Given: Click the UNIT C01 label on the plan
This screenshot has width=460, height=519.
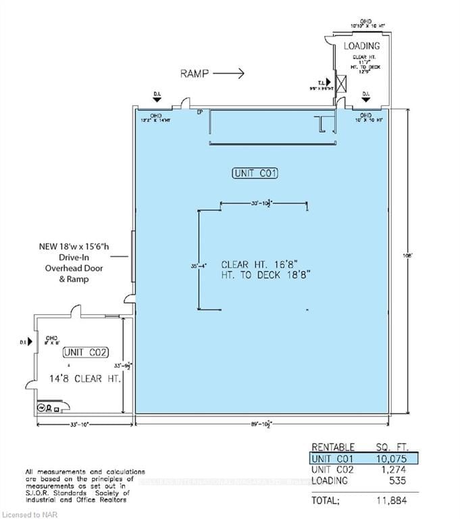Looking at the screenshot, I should pyautogui.click(x=255, y=174).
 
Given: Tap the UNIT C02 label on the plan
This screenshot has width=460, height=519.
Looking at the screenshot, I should pyautogui.click(x=85, y=352).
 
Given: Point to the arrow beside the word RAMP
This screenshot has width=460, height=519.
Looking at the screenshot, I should pyautogui.click(x=231, y=73).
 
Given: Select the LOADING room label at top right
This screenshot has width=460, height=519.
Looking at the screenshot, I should pyautogui.click(x=362, y=46).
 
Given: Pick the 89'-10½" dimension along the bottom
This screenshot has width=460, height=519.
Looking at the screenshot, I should pyautogui.click(x=261, y=424).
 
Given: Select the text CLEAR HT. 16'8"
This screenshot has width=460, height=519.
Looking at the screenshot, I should pyautogui.click(x=265, y=266).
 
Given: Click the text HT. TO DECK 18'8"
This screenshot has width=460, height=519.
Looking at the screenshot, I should pyautogui.click(x=265, y=277).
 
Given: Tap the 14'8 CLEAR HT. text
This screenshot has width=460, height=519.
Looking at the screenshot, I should pyautogui.click(x=85, y=379).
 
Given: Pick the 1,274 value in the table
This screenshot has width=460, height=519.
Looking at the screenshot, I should pyautogui.click(x=393, y=470).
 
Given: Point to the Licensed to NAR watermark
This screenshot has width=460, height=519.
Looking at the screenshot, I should pyautogui.click(x=28, y=514).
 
